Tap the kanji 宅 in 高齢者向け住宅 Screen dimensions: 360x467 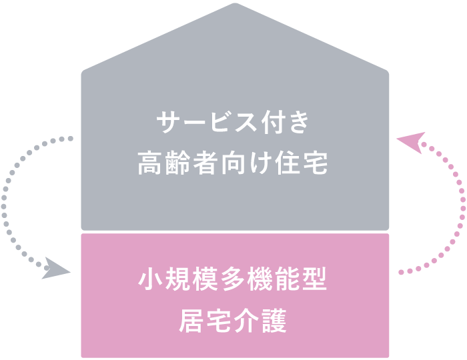pos(316,163)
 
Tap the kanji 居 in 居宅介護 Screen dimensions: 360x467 pos(192,322)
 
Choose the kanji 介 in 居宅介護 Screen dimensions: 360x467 pos(247,322)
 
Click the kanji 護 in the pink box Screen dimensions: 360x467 pos(274,322)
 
